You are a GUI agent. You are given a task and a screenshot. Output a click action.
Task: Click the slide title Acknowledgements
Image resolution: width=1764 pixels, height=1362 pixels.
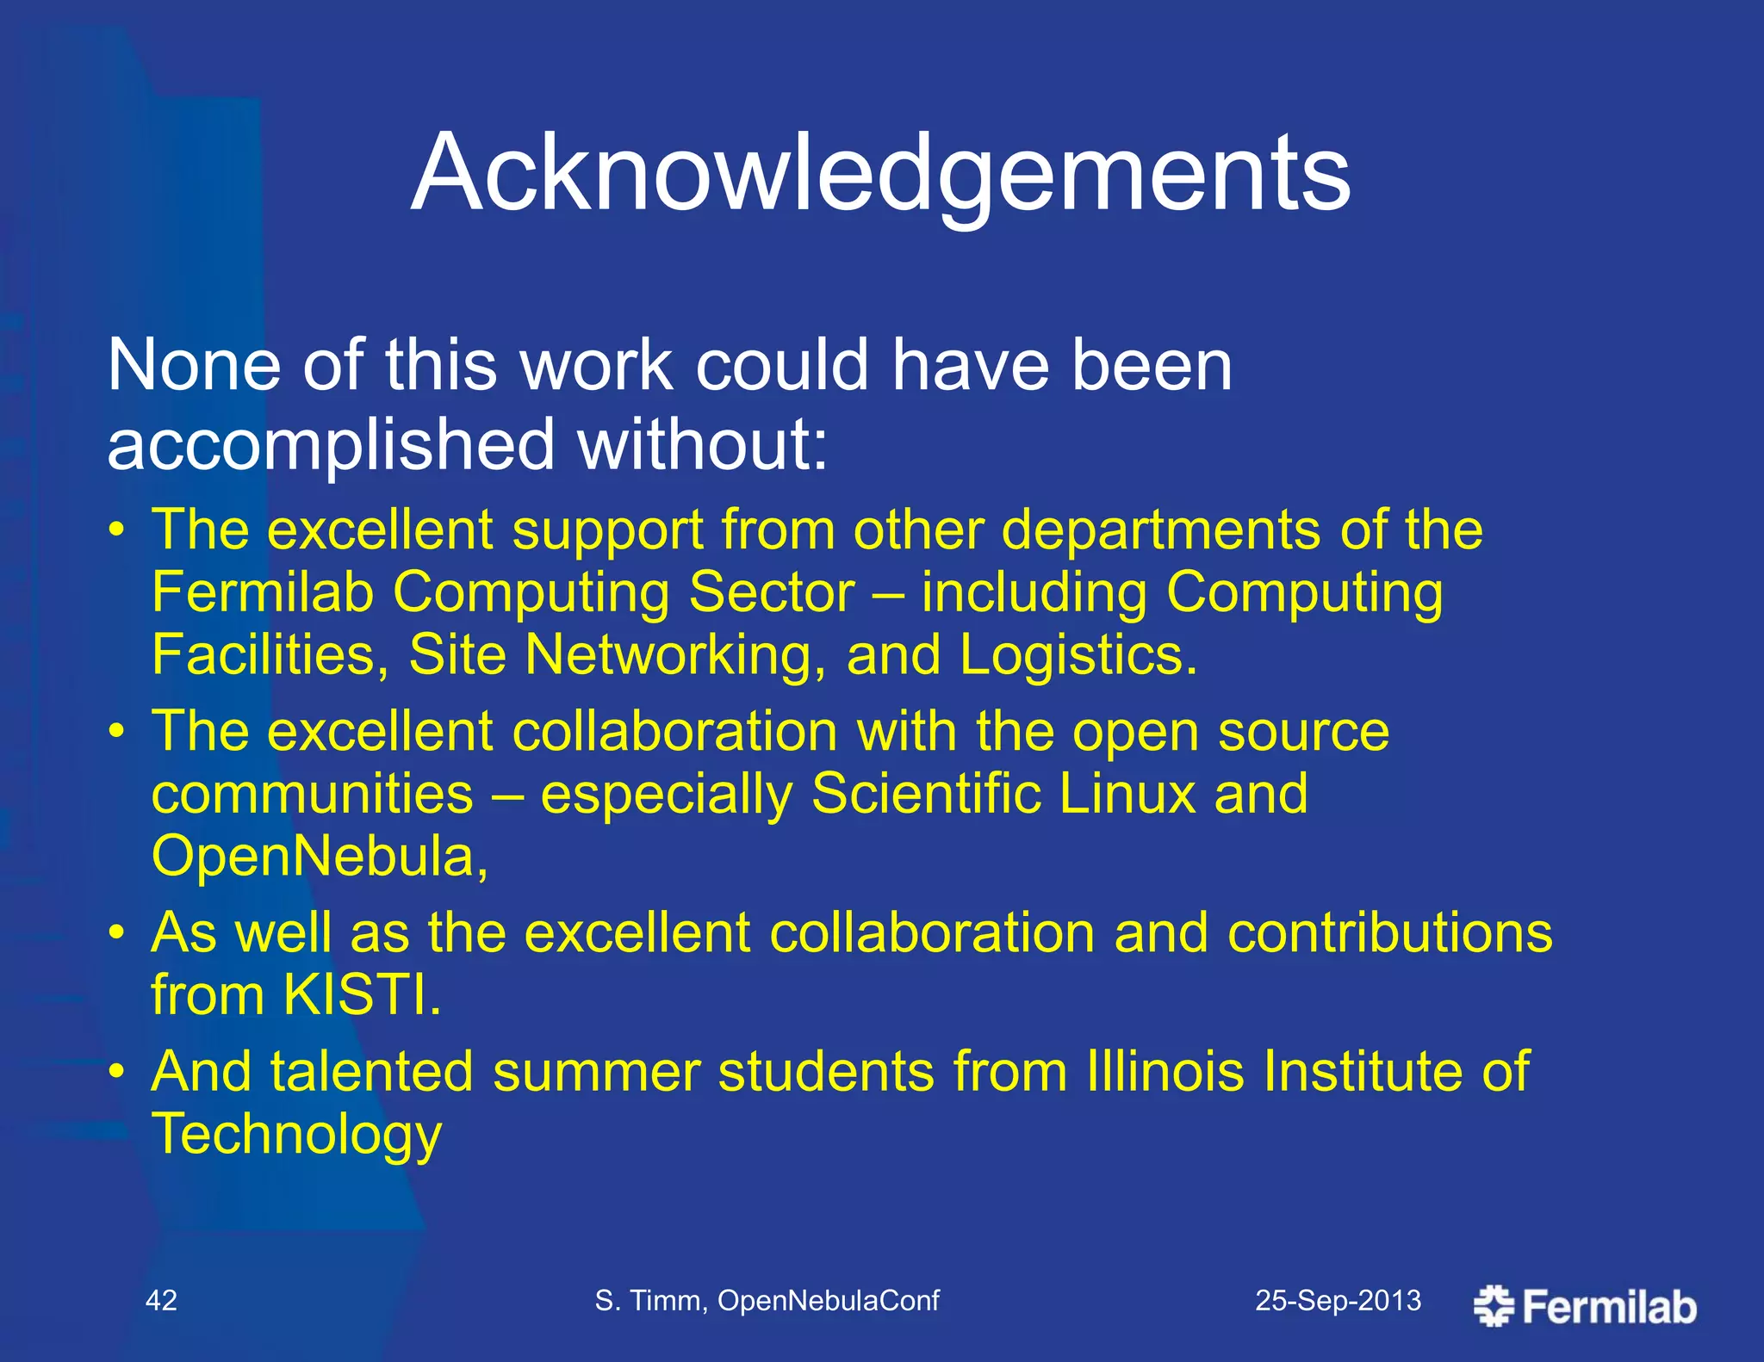coord(880,174)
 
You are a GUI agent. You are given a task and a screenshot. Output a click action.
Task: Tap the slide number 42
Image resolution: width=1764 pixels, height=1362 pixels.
coord(161,1300)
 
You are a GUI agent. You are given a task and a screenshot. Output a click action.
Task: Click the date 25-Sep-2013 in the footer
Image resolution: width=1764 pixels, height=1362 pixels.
coord(1338,1300)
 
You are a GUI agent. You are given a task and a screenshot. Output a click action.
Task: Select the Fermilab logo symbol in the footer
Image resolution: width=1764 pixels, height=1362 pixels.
coord(1494,1305)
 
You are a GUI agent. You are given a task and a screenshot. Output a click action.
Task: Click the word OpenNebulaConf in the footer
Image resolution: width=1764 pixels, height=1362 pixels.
coord(828,1300)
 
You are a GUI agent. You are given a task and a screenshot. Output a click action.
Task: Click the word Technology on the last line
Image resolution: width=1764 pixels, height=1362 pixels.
coord(296,1134)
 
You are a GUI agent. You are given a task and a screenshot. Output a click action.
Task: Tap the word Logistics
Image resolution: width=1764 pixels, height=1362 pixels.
coord(1078,654)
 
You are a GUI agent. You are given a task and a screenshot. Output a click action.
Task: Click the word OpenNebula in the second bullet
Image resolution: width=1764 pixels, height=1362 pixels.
coord(319,856)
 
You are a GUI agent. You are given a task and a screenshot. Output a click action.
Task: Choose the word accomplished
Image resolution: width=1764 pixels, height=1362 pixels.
coord(331,445)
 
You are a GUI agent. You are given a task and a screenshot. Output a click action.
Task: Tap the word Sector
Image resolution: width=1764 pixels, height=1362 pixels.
coord(772,592)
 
